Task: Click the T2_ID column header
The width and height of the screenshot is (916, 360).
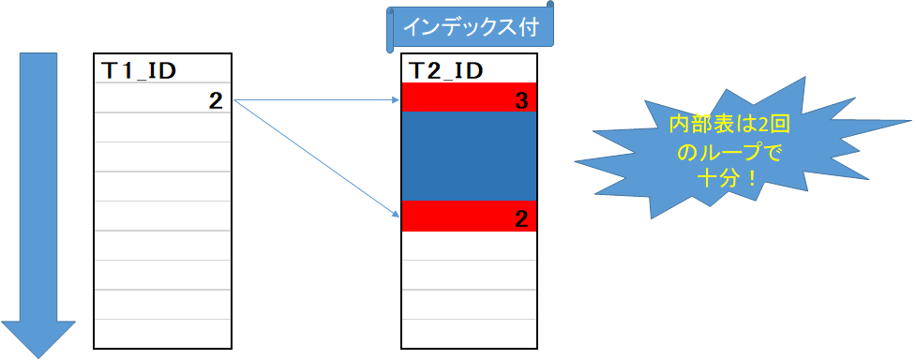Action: pos(446,70)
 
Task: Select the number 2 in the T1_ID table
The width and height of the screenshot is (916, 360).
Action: pos(216,99)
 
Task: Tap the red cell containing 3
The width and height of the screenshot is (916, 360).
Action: pos(469,98)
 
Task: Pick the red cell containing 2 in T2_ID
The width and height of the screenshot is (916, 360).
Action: pos(469,217)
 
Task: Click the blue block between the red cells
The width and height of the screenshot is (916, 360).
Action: pos(469,157)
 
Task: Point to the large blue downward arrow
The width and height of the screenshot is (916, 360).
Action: pos(38,187)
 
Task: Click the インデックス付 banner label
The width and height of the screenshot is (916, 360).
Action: pos(470,28)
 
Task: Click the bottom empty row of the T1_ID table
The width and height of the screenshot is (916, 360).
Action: pos(163,332)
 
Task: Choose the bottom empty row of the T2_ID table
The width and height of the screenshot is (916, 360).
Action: pos(469,332)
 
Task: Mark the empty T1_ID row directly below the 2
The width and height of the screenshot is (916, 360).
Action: pos(163,127)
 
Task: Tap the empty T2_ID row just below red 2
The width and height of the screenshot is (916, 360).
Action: pos(469,246)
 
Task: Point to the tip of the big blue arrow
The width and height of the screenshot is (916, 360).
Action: pos(38,355)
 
